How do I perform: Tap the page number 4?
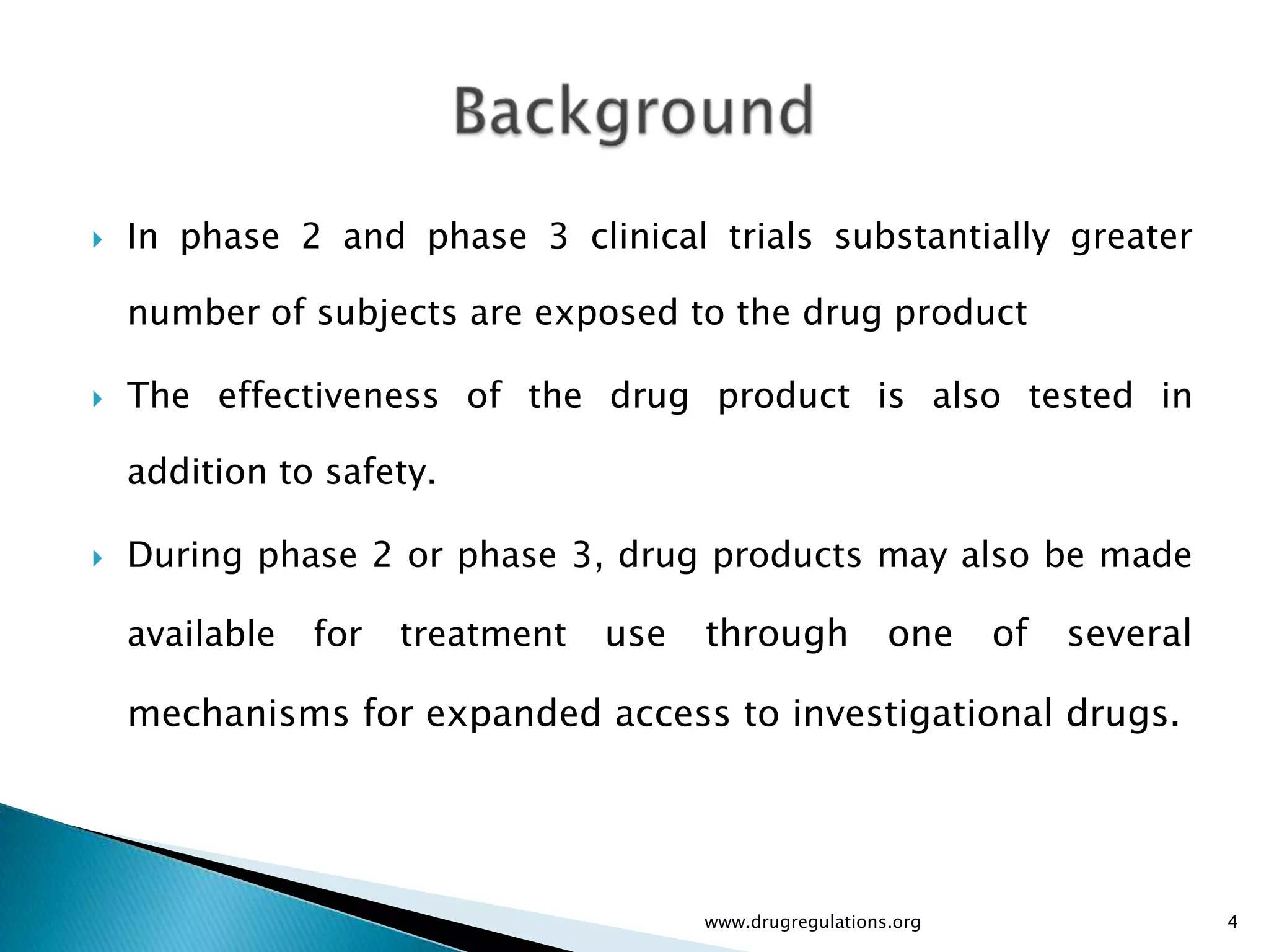pyautogui.click(x=1232, y=922)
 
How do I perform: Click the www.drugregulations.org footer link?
pyautogui.click(x=812, y=922)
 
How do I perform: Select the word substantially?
pyautogui.click(x=942, y=237)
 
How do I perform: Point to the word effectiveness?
pyautogui.click(x=328, y=395)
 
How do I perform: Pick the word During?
pyautogui.click(x=185, y=555)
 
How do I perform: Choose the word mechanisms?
pyautogui.click(x=238, y=713)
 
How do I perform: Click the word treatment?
pyautogui.click(x=483, y=634)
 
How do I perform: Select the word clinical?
pyautogui.click(x=649, y=237)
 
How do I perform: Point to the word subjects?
pyautogui.click(x=387, y=313)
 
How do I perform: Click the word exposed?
pyautogui.click(x=607, y=313)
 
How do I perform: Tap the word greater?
pyautogui.click(x=1131, y=237)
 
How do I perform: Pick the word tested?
pyautogui.click(x=1081, y=395)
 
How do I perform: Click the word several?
pyautogui.click(x=1130, y=634)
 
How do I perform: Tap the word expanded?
pyautogui.click(x=514, y=713)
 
